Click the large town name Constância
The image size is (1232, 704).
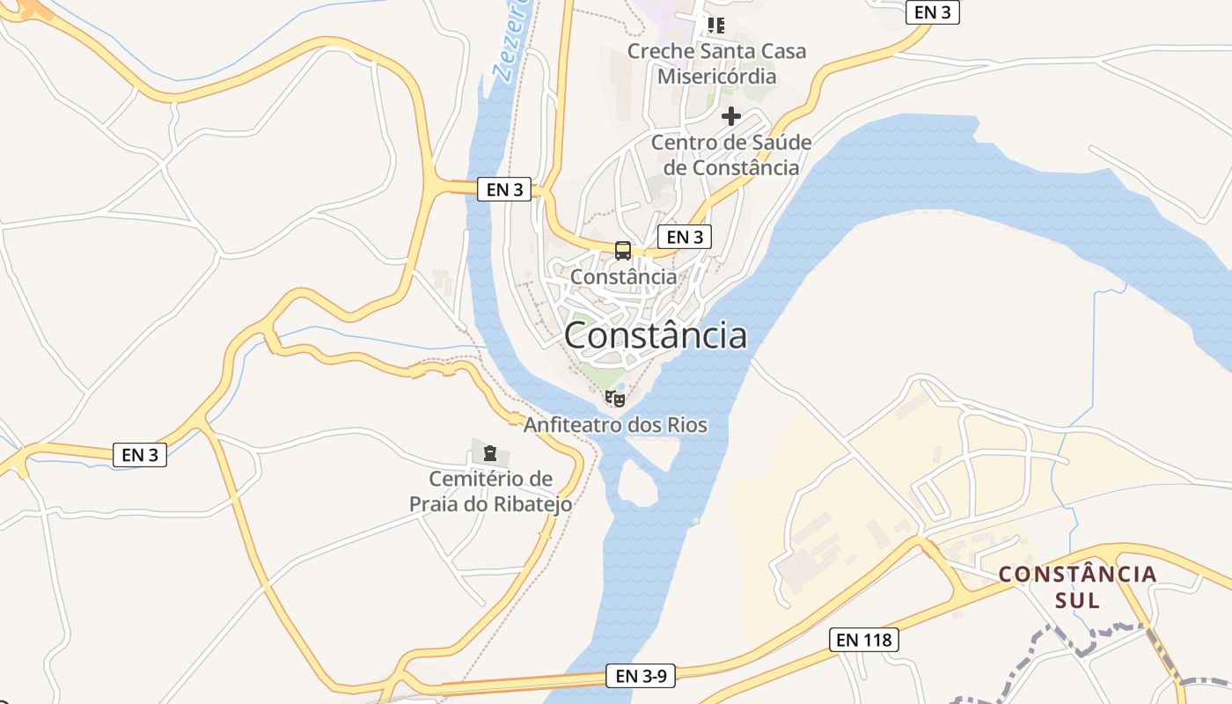click(x=656, y=335)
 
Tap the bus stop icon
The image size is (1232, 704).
click(x=623, y=251)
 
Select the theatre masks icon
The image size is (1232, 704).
click(x=615, y=399)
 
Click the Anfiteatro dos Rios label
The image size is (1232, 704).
click(x=615, y=425)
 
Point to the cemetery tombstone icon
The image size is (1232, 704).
click(x=489, y=454)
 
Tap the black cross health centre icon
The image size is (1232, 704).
click(x=731, y=116)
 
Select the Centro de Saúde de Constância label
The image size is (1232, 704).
click(x=730, y=155)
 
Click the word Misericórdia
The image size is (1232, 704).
click(x=716, y=77)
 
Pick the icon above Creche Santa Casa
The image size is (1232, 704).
click(x=716, y=26)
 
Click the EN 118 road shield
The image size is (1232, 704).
click(x=863, y=640)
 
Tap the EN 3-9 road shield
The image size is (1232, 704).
click(x=640, y=676)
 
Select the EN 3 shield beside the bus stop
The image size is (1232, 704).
click(x=684, y=236)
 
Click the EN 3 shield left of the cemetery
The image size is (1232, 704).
click(x=140, y=455)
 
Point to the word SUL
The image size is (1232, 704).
click(x=1077, y=601)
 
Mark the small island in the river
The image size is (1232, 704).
click(x=638, y=484)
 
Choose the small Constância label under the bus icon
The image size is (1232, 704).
click(x=624, y=276)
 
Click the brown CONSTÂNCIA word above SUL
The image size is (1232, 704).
click(x=1077, y=575)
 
